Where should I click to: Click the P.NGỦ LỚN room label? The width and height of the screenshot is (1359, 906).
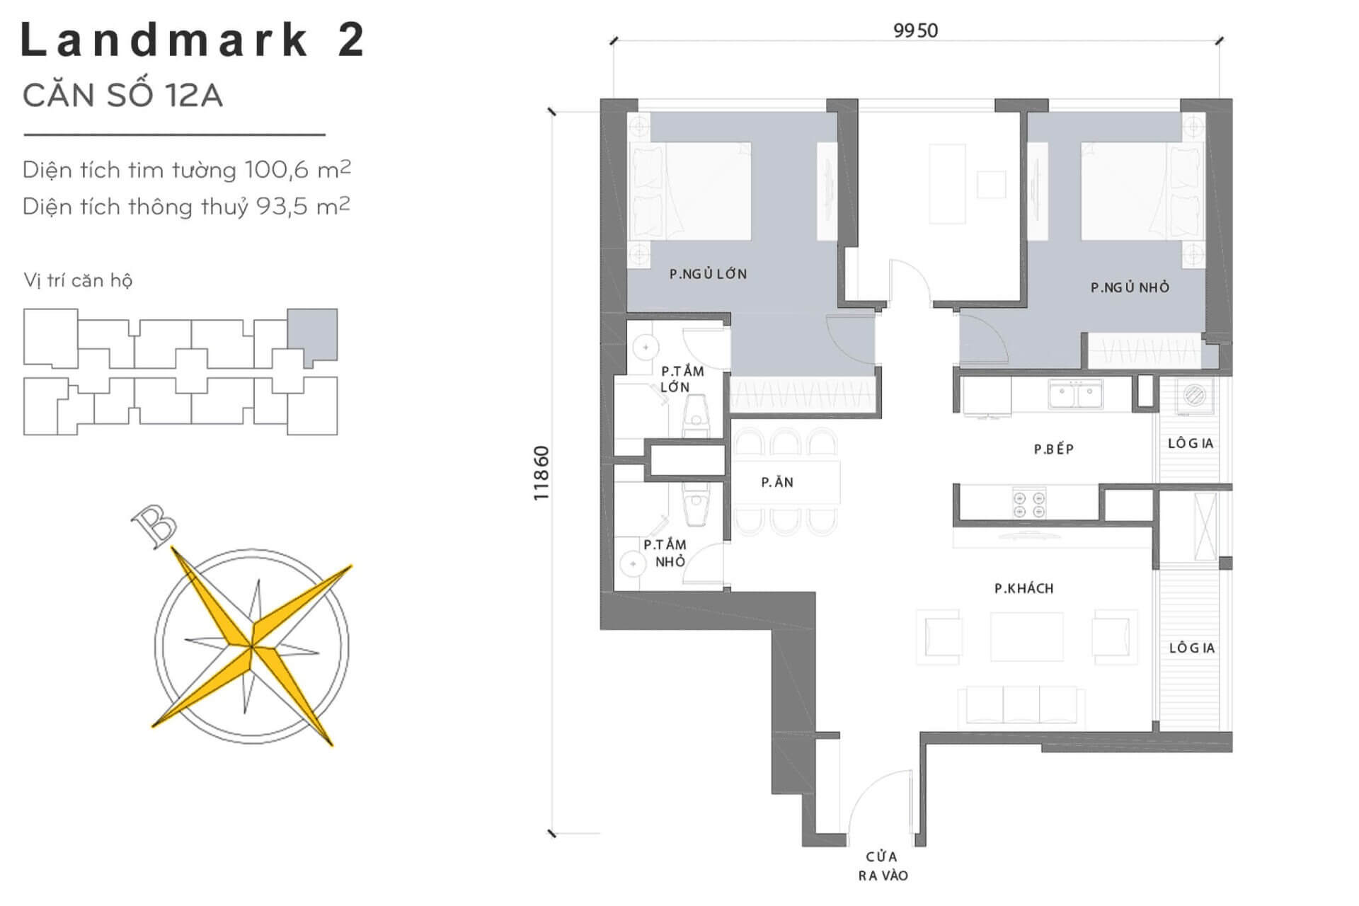[x=708, y=274]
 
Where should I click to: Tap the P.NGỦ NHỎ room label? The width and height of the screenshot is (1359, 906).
[x=1130, y=287]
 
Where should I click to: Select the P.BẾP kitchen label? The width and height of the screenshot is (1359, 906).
[x=1053, y=449]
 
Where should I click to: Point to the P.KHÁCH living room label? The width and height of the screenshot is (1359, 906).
[x=1023, y=588]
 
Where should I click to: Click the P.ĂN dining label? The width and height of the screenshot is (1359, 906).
[x=777, y=482]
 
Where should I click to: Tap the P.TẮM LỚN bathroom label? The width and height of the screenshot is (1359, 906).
[x=681, y=379]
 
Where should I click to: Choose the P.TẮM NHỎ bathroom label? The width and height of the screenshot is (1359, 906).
[x=665, y=553]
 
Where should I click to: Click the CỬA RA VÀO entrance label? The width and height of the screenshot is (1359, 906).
[x=883, y=866]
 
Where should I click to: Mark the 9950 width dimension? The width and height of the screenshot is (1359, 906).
[x=915, y=30]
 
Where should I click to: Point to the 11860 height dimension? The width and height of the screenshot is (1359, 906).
[x=541, y=474]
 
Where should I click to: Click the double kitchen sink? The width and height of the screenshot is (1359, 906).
[x=1075, y=394]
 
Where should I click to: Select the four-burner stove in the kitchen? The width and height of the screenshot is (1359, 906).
[x=1029, y=503]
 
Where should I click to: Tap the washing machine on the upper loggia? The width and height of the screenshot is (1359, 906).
[x=1195, y=396]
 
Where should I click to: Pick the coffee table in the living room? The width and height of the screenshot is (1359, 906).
[x=1026, y=636]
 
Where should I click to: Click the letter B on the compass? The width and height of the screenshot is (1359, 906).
[x=154, y=524]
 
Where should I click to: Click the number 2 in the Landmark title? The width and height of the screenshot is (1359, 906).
[x=351, y=39]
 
